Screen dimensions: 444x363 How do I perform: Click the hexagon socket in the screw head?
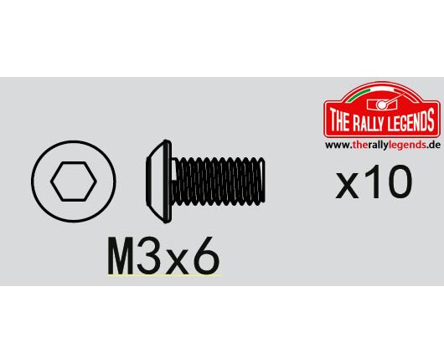point(74,181)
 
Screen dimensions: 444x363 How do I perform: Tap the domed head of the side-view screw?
point(159,181)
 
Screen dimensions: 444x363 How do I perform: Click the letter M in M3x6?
point(121,256)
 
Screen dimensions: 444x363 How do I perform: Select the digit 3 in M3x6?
point(148,256)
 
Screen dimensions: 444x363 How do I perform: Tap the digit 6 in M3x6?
point(206,256)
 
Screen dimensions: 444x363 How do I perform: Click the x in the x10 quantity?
point(347,186)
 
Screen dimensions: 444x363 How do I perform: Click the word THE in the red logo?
point(338,120)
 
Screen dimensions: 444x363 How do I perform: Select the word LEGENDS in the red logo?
point(411,120)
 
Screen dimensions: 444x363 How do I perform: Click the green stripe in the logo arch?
point(359,95)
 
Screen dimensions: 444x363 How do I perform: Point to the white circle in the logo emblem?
point(382,105)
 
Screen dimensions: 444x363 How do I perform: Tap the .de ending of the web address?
point(433,145)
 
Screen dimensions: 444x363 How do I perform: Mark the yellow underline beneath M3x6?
point(164,275)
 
